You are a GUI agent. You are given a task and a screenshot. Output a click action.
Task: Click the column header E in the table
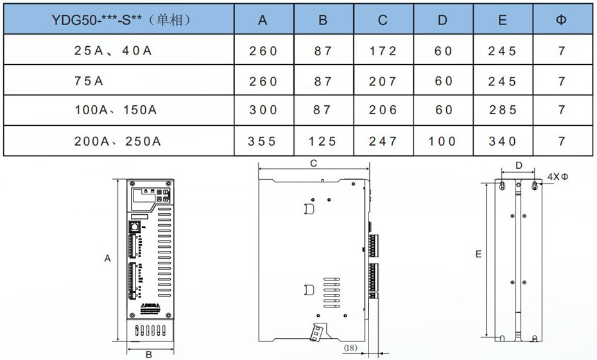(503, 20)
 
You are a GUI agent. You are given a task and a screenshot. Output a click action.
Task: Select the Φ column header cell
(562, 19)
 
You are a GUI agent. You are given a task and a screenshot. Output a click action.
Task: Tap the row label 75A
(89, 81)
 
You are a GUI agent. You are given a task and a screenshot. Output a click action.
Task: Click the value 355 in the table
(261, 141)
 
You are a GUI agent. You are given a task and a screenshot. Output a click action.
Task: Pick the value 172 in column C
(383, 51)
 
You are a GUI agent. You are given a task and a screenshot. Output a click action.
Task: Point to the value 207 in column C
(383, 81)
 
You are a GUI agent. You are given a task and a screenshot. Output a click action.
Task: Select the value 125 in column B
(322, 141)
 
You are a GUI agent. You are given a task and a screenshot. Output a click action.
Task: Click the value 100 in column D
(442, 141)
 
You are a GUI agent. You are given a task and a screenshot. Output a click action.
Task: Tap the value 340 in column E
(503, 141)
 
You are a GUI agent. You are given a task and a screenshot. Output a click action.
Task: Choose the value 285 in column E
(503, 110)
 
